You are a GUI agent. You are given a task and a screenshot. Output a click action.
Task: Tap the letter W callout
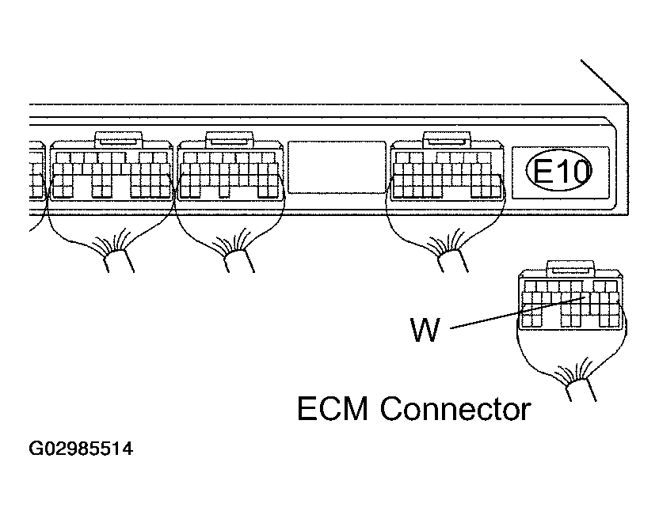pos(424,330)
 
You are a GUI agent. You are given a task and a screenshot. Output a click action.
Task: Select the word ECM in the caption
pos(333,409)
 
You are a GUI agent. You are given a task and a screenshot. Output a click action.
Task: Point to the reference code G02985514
pos(81,450)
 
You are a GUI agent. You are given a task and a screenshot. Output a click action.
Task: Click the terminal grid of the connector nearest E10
pos(447,174)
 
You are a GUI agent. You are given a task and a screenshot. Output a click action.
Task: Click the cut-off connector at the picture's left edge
pos(36,170)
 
